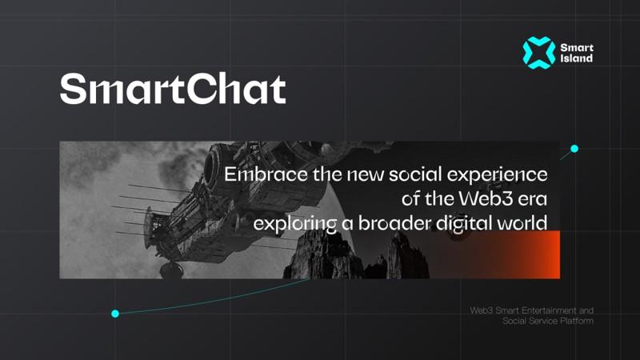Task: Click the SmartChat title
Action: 173,89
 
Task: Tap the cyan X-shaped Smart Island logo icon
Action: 538,53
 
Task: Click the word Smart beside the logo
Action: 577,48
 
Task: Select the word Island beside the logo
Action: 576,58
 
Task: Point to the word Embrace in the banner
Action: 266,174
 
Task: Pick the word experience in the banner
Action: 497,175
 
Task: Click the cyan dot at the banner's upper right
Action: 574,149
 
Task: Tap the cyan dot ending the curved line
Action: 115,314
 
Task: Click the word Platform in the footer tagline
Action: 577,321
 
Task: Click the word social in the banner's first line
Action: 415,174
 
